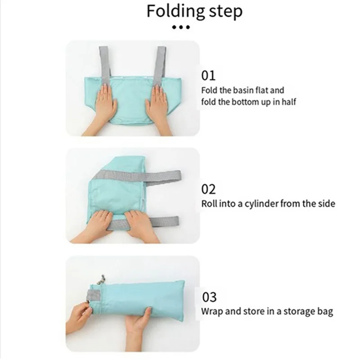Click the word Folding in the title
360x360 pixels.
[x=175, y=12]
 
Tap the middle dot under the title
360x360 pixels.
[x=181, y=28]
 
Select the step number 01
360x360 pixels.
[x=208, y=75]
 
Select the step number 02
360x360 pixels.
[x=208, y=189]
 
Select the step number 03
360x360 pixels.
[x=208, y=297]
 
